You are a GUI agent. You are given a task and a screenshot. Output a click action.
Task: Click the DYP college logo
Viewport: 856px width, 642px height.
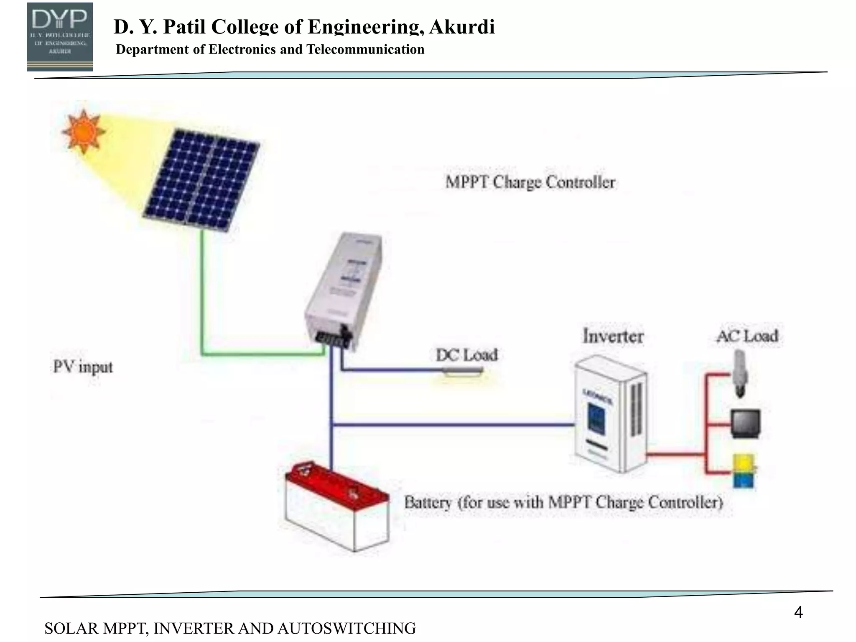coord(60,36)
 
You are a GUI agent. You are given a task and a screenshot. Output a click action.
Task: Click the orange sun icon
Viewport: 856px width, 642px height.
coord(83,132)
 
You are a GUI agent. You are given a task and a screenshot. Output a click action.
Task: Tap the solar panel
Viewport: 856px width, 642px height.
coord(201,180)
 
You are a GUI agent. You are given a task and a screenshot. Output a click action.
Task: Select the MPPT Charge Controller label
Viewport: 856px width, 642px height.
coord(530,183)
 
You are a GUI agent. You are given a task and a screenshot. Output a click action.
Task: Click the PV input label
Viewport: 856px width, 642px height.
coord(83,367)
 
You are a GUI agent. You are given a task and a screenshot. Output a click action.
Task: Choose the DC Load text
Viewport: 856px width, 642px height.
coord(466,355)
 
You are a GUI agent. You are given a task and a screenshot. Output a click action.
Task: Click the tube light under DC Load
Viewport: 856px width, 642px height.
coord(463,371)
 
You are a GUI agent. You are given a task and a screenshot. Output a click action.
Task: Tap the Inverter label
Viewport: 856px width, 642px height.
coord(613,336)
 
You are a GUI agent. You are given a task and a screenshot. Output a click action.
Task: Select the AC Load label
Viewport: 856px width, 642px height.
coord(747,336)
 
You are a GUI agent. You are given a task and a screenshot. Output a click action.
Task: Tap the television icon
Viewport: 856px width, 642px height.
coord(745,424)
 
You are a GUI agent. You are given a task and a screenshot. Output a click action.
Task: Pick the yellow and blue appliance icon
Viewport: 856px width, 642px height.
coord(744,471)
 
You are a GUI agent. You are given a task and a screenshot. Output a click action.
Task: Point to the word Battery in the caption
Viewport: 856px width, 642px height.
coord(427,502)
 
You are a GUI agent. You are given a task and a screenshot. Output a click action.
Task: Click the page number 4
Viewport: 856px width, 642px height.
coord(798,613)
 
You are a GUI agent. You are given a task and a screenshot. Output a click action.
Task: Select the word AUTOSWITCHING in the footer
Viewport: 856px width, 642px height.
coord(346,629)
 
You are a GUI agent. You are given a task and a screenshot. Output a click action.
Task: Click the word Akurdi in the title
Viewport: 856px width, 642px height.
coord(461,27)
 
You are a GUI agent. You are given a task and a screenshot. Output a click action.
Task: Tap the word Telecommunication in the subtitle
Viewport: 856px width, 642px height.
coord(365,50)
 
